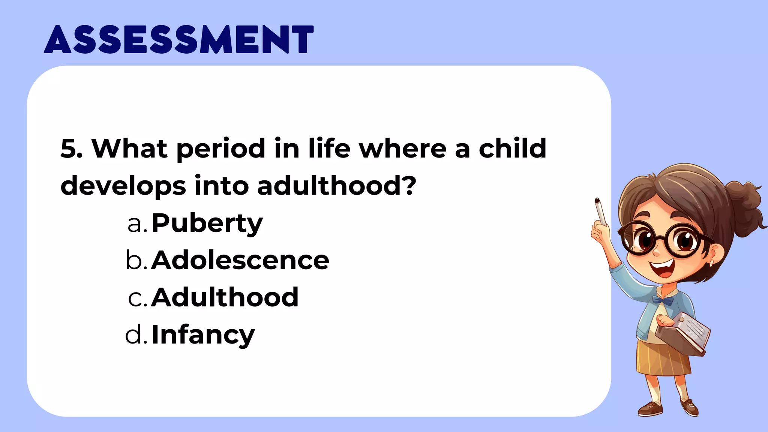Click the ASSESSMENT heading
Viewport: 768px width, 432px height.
[x=178, y=39]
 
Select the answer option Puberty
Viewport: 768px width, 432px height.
[x=207, y=223]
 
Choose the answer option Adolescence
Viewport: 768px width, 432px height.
[x=240, y=261]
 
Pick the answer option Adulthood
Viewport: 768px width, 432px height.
[x=225, y=298]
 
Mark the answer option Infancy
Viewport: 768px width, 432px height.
[x=203, y=335]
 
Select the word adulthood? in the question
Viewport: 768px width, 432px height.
[x=336, y=186]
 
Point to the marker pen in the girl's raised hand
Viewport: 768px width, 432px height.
[x=600, y=211]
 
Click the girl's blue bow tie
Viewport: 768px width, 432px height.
[x=663, y=300]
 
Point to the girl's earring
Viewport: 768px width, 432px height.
[x=711, y=264]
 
